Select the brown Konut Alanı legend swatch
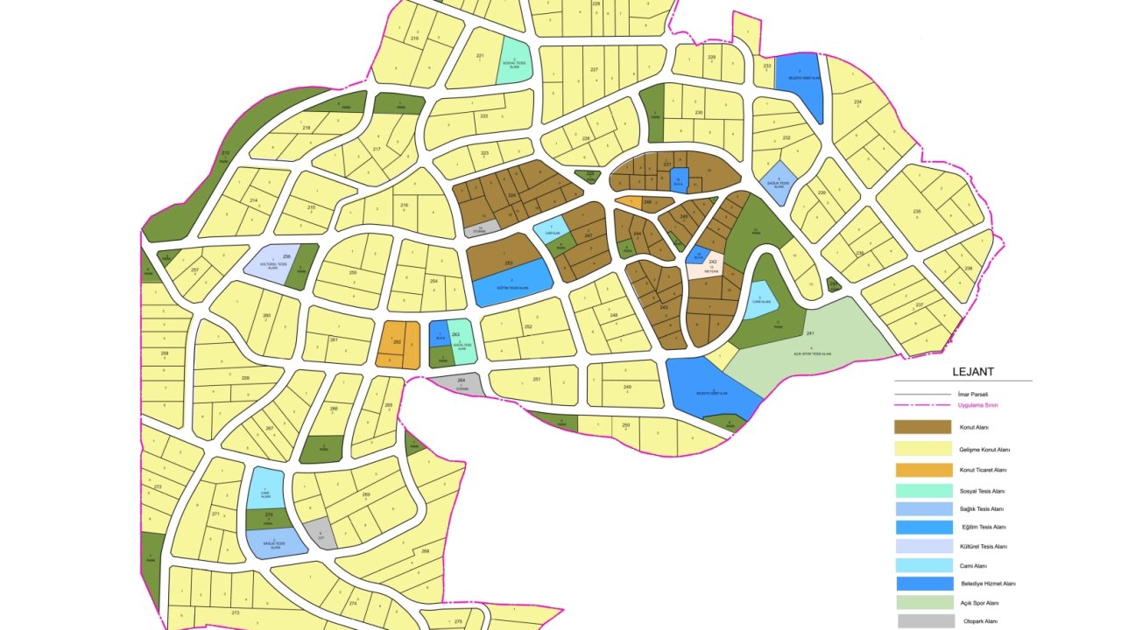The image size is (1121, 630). click(x=922, y=427)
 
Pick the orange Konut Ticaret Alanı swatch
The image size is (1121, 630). click(x=922, y=470)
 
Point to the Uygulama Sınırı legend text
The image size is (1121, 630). click(x=979, y=405)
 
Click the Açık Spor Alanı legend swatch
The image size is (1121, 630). click(x=924, y=603)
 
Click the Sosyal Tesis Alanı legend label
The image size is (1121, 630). click(x=984, y=492)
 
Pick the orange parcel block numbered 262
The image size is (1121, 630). click(x=398, y=346)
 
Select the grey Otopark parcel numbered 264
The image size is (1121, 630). click(x=458, y=383)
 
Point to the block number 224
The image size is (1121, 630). click(x=511, y=195)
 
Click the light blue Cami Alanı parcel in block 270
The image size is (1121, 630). click(x=264, y=488)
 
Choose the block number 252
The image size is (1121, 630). click(x=528, y=327)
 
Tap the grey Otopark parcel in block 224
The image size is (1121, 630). click(x=480, y=230)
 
